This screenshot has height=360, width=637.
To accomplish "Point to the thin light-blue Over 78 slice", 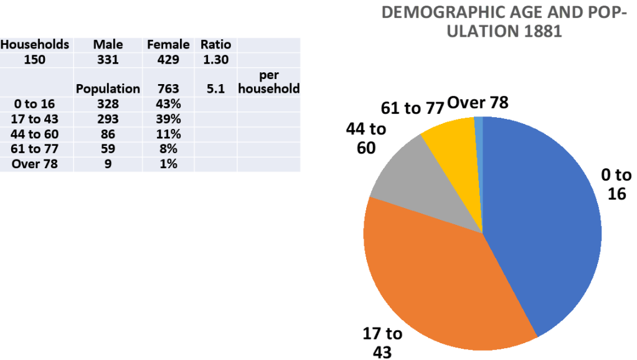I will pos(479,125).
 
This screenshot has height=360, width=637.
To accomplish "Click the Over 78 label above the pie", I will pos(478,103).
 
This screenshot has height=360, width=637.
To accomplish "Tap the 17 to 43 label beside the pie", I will pos(382,342).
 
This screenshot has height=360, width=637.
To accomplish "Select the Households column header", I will pos(35,45).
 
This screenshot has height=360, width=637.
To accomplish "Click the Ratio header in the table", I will pos(215,45).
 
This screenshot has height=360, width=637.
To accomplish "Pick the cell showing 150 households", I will pos(35,60).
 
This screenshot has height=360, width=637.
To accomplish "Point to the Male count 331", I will pos(108,60).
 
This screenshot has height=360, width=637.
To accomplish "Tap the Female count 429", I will pos(168,60).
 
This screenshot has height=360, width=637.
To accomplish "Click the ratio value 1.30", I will pos(215,60).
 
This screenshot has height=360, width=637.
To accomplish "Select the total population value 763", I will pos(168,89).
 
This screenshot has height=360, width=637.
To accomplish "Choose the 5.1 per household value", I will pos(215,89).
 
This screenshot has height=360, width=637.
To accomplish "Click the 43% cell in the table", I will pos(168,104).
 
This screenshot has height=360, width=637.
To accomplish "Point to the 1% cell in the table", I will pos(168,164).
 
